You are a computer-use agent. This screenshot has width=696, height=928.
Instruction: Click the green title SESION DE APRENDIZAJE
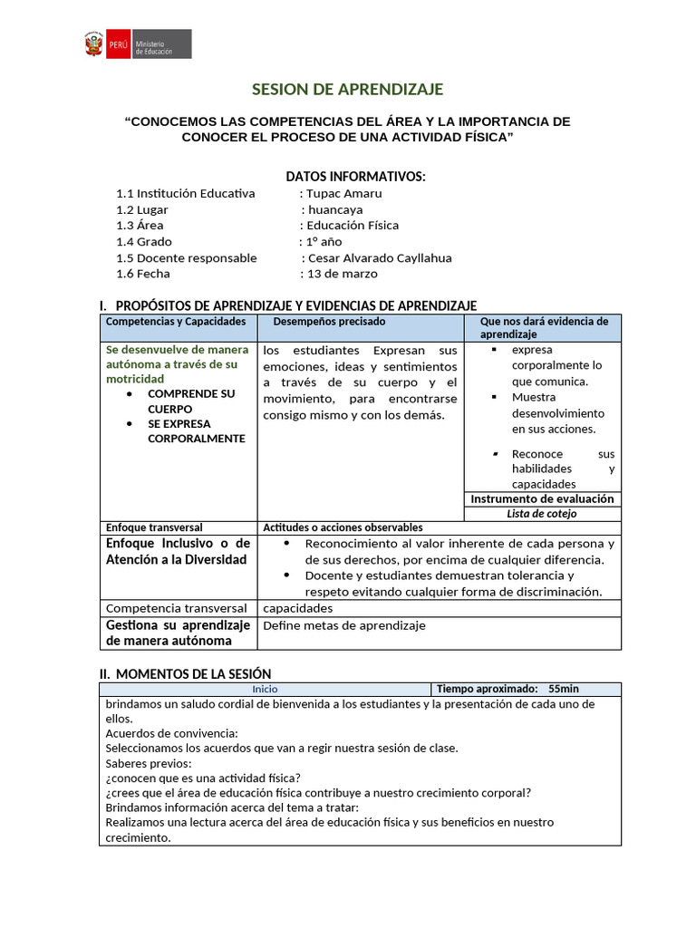click(x=346, y=89)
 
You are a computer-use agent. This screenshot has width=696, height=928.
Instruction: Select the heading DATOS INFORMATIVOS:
click(x=355, y=176)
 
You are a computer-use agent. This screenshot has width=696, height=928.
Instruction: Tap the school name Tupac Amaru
click(x=343, y=193)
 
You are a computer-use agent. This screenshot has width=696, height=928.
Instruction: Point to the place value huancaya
click(x=335, y=209)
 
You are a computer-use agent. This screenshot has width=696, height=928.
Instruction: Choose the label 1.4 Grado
click(x=143, y=241)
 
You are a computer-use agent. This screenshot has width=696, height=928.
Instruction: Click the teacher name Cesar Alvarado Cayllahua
click(x=380, y=257)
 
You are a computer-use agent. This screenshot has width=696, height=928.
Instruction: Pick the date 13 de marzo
click(x=342, y=274)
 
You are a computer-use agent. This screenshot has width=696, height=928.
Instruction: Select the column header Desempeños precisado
click(x=329, y=322)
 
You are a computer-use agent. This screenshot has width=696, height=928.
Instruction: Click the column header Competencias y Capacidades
click(x=176, y=322)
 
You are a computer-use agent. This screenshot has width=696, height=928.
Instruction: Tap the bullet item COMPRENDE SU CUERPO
click(x=190, y=401)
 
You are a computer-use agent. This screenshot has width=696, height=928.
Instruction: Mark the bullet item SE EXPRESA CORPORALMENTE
click(x=196, y=431)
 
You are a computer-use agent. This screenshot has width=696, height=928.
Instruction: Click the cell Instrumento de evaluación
click(x=542, y=498)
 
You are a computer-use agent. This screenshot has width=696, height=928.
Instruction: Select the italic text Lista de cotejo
click(x=542, y=513)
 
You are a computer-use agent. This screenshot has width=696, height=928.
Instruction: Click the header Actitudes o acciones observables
click(x=343, y=527)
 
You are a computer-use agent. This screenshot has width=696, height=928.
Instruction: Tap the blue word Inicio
click(x=266, y=689)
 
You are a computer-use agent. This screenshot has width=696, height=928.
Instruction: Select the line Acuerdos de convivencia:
click(x=171, y=733)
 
